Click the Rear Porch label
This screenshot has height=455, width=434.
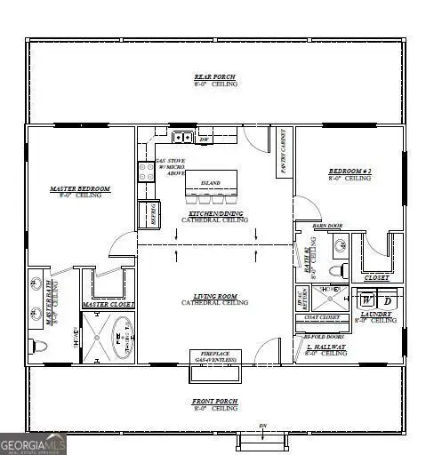point(215,78)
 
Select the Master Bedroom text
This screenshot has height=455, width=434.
point(79,189)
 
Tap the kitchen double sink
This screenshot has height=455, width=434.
point(182,137)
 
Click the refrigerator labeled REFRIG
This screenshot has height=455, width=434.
point(148,214)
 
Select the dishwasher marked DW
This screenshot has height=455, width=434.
point(204,139)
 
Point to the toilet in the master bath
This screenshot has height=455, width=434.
point(38,345)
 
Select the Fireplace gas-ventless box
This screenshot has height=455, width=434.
point(213,357)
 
